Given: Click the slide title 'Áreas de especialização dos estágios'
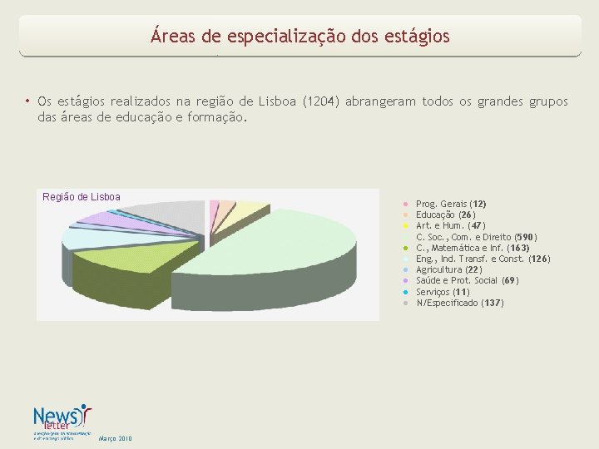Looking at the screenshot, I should point(299,37).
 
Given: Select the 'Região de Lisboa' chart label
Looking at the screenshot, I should point(82,197).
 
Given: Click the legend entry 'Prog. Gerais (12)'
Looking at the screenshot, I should point(451,204).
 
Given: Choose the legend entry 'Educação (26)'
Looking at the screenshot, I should point(446,215).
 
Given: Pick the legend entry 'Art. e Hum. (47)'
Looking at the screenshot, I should point(450,225).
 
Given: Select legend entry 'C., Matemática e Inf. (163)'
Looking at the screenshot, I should point(472,248).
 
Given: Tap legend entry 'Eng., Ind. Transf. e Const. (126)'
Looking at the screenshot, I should point(483,259).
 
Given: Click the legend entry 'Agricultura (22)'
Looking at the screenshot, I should point(449,269).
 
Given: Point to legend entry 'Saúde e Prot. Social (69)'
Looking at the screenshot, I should point(467,280).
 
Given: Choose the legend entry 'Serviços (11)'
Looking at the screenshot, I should point(443,292).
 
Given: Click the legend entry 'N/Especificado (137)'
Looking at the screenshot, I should point(459,303).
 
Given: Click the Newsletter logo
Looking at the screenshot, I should point(62,421).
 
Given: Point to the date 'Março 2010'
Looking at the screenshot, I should point(114,438).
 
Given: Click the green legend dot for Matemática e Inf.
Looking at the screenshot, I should point(404,248).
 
